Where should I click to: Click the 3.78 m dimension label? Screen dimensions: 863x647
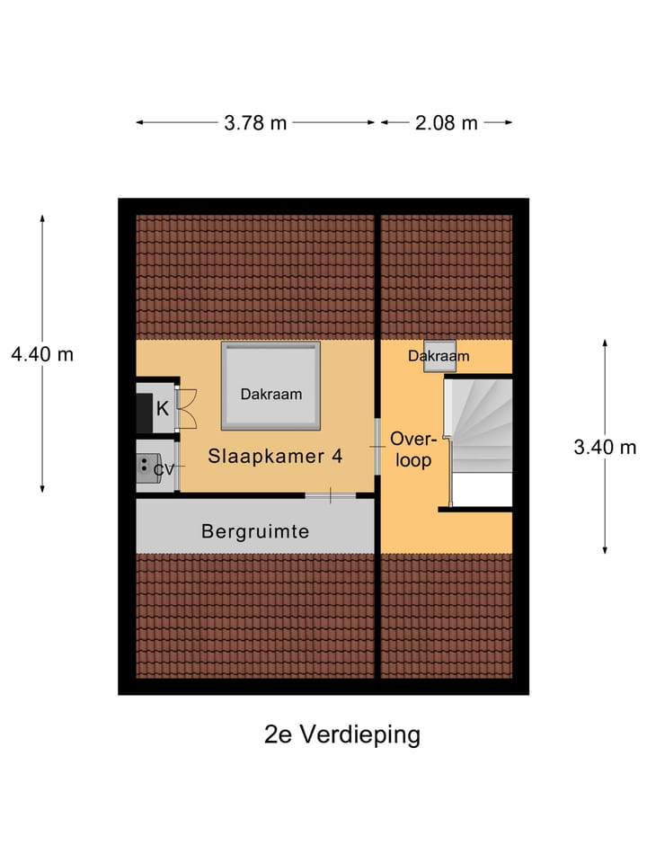pos(255,123)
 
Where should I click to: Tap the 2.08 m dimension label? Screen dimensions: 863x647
pos(446,123)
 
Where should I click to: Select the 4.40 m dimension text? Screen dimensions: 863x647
pos(41,353)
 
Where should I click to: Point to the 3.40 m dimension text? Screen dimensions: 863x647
pos(605,447)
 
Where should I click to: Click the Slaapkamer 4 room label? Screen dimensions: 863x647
pos(275,456)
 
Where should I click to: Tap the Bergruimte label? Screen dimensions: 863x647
pos(254,531)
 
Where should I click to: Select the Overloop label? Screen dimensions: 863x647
pos(412,449)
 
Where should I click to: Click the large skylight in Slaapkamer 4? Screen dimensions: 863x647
pos(270,387)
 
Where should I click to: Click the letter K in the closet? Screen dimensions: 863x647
pos(163,408)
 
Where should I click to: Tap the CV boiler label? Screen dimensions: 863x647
pos(163,468)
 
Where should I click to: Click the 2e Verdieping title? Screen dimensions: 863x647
pos(342,734)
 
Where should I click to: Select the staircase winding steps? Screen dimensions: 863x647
pos(481,423)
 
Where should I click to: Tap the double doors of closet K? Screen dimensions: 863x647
pos(186,408)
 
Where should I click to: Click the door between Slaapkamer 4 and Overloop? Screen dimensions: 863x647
pos(377,446)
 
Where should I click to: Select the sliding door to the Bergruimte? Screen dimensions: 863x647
pos(330,494)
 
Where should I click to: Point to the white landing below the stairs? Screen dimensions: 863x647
pos(481,490)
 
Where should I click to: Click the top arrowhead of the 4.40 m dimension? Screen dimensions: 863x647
pos(41,218)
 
